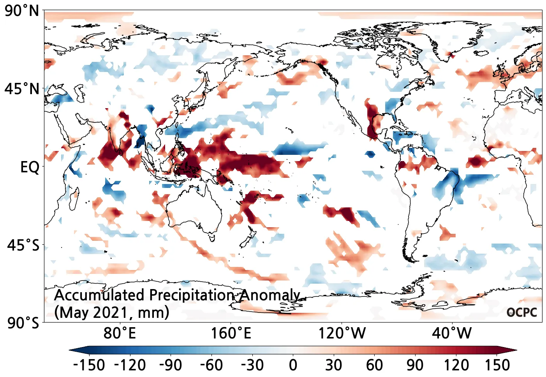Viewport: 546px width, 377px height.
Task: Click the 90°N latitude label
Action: [22, 11]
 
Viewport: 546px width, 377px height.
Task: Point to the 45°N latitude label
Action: [22, 89]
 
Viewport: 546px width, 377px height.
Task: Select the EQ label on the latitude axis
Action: [30, 167]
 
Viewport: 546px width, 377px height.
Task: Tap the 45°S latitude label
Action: [23, 245]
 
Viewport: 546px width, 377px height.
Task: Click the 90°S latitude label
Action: [23, 323]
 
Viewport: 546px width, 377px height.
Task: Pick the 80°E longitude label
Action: [120, 333]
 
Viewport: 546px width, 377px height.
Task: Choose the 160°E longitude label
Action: [231, 333]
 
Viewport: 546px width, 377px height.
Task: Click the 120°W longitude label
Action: [342, 333]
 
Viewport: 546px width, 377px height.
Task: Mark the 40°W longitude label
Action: [452, 333]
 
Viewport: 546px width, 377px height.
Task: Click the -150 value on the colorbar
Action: [89, 365]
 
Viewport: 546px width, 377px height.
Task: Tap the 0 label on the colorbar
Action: [293, 365]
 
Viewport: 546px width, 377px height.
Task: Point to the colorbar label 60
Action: [374, 365]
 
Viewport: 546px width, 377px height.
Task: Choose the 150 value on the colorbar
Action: [497, 365]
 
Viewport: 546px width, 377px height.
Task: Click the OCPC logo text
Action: [522, 312]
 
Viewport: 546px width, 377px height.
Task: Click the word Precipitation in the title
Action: [192, 295]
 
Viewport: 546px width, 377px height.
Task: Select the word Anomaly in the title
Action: [269, 295]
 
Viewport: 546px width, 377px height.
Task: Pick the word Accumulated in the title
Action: [99, 295]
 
